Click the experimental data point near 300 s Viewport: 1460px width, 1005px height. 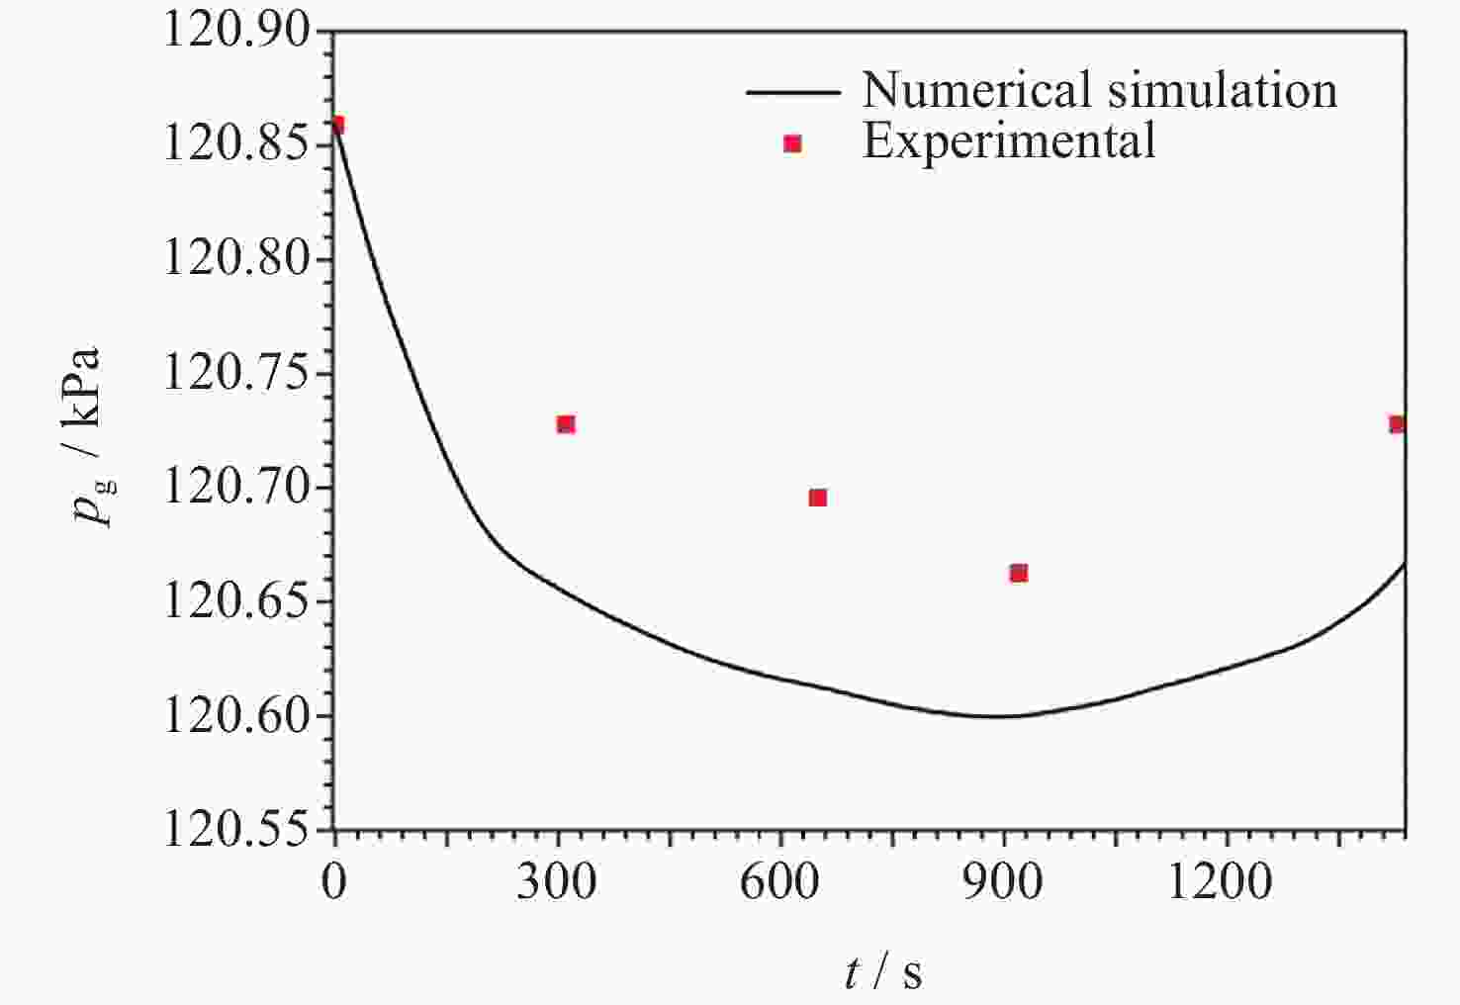click(x=566, y=424)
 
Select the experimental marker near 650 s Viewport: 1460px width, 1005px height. click(x=818, y=498)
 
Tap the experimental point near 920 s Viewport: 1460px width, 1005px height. click(x=1019, y=574)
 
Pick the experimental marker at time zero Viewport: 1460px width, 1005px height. click(x=336, y=125)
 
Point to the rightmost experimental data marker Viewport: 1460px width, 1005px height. click(x=1397, y=424)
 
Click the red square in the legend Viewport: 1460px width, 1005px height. click(x=792, y=144)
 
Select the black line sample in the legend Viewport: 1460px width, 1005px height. click(x=792, y=92)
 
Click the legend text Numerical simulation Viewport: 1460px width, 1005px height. click(x=1099, y=90)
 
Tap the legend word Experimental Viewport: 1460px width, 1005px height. click(x=1009, y=141)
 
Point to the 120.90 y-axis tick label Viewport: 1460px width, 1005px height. click(x=236, y=32)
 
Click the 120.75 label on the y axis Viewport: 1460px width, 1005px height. click(x=236, y=374)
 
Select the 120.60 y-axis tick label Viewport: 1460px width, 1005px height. click(x=236, y=716)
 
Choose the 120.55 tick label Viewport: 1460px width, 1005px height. click(x=236, y=829)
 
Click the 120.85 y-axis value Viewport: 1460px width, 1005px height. click(x=236, y=145)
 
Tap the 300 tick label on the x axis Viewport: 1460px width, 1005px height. click(x=557, y=881)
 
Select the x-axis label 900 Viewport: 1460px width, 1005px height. click(x=1003, y=881)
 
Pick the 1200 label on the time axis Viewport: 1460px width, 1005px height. click(x=1221, y=881)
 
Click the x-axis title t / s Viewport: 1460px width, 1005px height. click(x=883, y=973)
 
